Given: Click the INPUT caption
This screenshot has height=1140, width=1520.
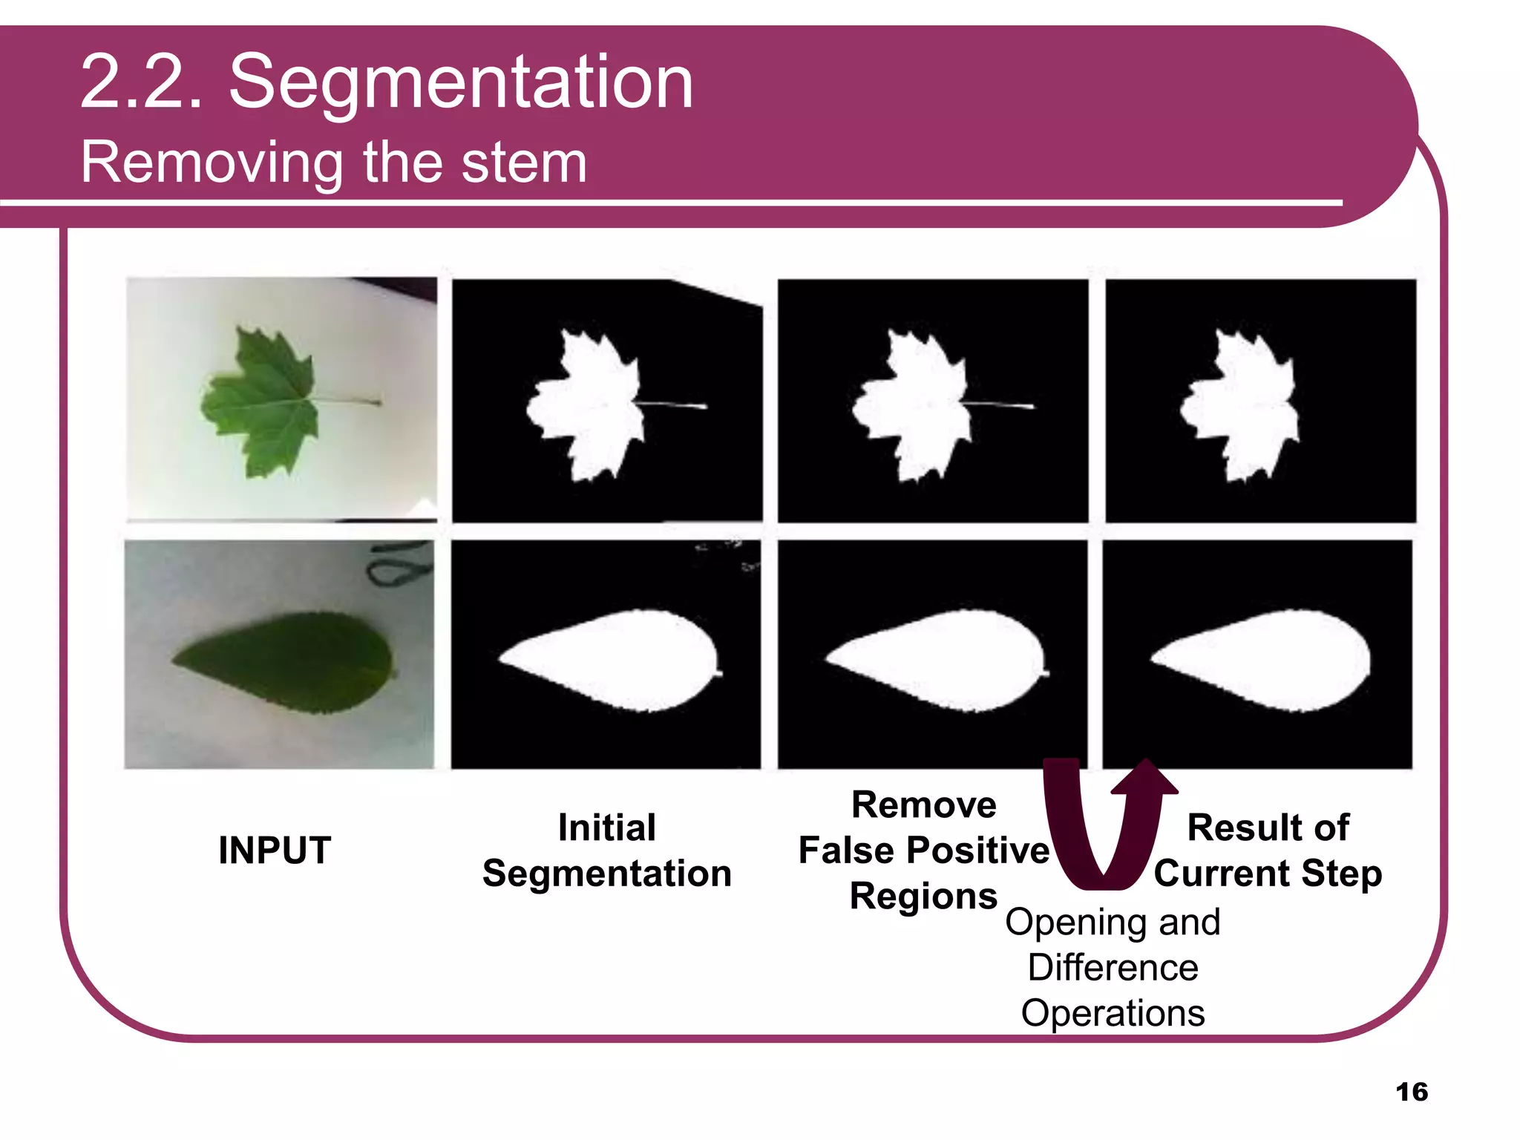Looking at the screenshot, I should (x=275, y=850).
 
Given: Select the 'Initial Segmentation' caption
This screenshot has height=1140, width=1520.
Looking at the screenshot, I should (x=606, y=851).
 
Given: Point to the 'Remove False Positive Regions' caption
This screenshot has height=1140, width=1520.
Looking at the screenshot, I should (x=923, y=851).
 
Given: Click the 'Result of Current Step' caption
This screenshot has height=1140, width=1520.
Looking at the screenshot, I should (x=1268, y=851).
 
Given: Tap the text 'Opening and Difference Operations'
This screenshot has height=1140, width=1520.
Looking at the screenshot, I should (x=1113, y=967).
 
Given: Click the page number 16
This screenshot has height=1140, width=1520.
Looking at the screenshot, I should (x=1411, y=1092).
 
